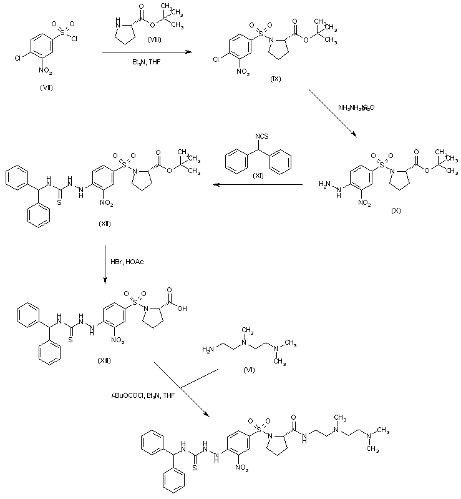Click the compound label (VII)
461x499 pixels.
click(46, 87)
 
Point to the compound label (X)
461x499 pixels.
click(396, 210)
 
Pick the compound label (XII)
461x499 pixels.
click(104, 224)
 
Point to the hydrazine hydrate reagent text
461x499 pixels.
click(356, 107)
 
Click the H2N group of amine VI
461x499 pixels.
click(208, 349)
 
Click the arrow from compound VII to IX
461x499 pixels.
click(147, 54)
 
